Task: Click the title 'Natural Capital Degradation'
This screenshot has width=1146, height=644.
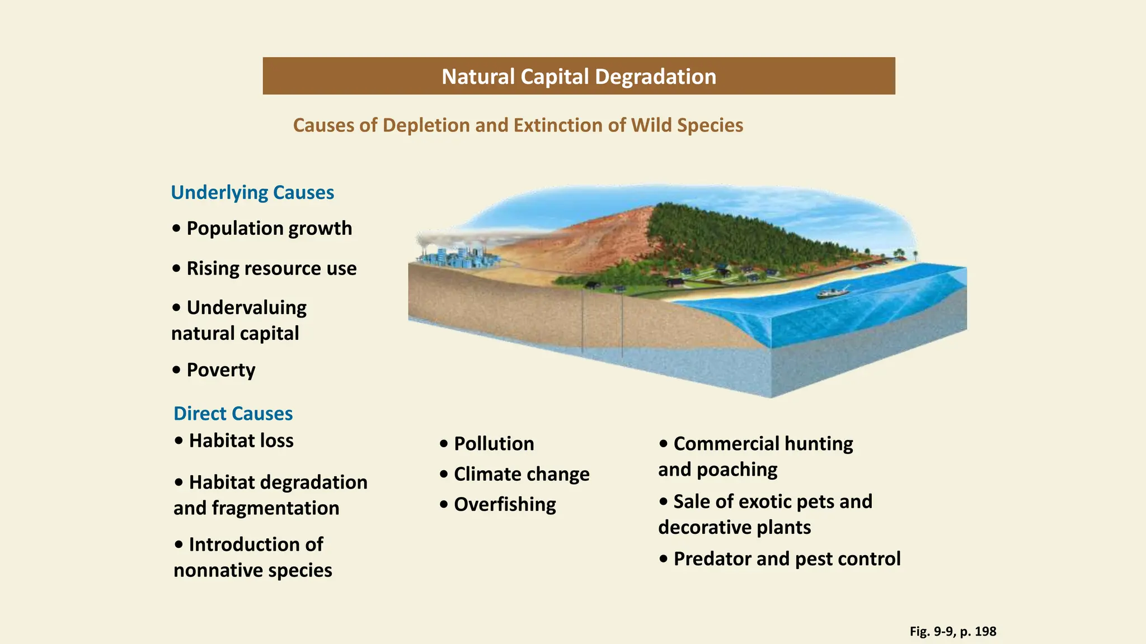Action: pyautogui.click(x=579, y=77)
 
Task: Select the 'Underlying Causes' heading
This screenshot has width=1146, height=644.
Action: pyautogui.click(x=252, y=192)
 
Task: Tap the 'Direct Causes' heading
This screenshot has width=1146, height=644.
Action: pyautogui.click(x=233, y=414)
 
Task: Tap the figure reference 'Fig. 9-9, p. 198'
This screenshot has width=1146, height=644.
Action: pyautogui.click(x=952, y=632)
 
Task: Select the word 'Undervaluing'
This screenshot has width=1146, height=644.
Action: pyautogui.click(x=246, y=307)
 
